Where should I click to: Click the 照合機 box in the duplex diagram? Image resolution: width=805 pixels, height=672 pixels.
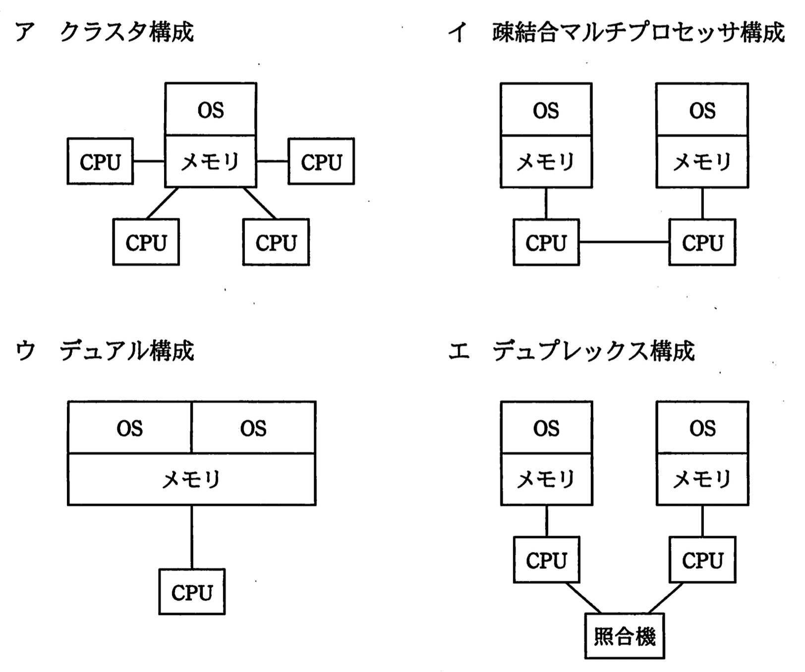coord(624,636)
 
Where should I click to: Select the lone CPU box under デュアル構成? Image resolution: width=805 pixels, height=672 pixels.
coord(192,592)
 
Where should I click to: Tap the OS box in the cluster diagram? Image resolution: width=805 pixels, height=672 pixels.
coord(211,110)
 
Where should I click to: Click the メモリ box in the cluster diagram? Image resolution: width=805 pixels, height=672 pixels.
coord(211,162)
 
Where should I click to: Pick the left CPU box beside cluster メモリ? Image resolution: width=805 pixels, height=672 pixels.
coord(100,162)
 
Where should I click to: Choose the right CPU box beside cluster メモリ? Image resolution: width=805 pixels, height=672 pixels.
coord(321,162)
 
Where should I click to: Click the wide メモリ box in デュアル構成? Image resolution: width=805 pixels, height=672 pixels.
coord(192,479)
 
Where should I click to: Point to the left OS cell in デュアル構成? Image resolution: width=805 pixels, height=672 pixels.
coord(129,428)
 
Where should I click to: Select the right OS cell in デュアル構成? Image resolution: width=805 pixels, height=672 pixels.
coord(253,428)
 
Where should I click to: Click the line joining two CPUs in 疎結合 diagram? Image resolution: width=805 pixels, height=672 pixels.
coord(624,242)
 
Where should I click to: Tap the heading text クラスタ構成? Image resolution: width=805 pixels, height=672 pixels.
coord(126,32)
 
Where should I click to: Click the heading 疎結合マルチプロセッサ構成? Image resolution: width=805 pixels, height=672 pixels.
coord(638,32)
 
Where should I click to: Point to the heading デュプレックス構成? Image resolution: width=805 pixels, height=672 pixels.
coord(593,351)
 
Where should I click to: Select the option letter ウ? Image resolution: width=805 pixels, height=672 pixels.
coord(25,351)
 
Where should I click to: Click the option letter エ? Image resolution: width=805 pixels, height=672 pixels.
coord(459,351)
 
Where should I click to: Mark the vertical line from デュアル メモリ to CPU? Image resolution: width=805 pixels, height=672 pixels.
coord(192,537)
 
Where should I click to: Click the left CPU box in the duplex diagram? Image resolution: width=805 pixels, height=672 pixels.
coord(546,560)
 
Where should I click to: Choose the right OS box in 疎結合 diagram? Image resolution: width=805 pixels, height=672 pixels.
coord(702,110)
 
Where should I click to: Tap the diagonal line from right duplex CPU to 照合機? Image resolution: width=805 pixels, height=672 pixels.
coord(665,598)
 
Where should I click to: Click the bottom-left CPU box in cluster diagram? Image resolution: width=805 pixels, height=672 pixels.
coord(146,242)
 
